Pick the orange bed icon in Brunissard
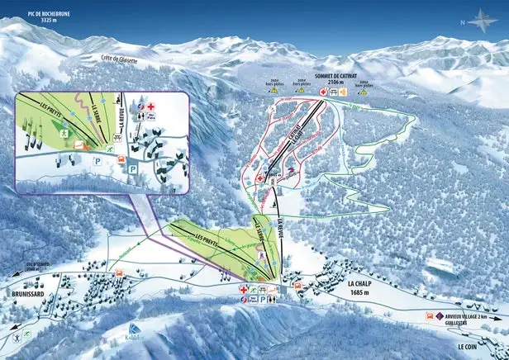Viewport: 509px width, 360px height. pos(118,272)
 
